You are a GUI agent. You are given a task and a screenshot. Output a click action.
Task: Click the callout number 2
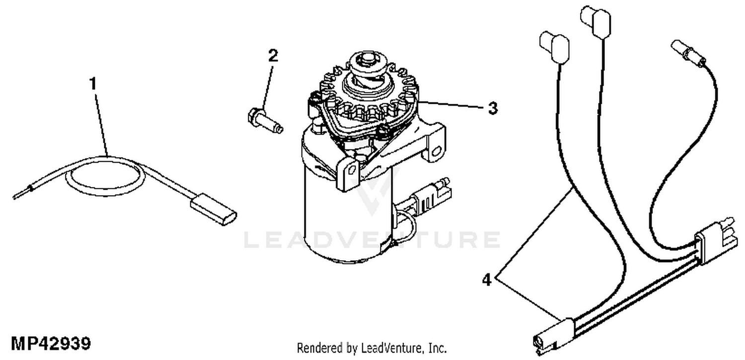click(273, 55)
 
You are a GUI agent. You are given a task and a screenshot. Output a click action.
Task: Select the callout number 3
click(492, 108)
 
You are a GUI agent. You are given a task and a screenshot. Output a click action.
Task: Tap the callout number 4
click(487, 281)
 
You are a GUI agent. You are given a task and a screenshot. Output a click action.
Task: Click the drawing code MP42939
click(51, 344)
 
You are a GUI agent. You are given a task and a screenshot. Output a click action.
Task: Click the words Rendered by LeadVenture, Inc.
click(372, 348)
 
